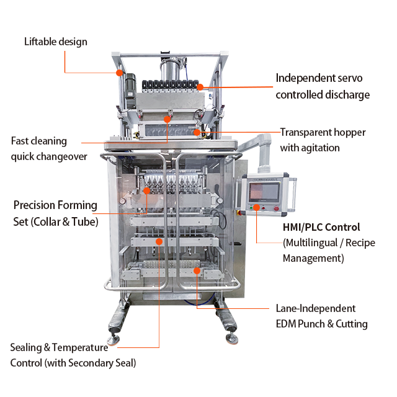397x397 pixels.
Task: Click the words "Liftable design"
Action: pos(55,42)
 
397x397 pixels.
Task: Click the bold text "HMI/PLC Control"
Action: pos(321,227)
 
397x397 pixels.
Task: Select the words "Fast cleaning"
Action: pos(38,141)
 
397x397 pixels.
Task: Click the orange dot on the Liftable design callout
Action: pos(119,73)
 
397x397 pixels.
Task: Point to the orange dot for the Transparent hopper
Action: pos(197,132)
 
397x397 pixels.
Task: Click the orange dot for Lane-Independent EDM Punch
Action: pos(197,270)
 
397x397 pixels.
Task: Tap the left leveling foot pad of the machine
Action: pos(114,341)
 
